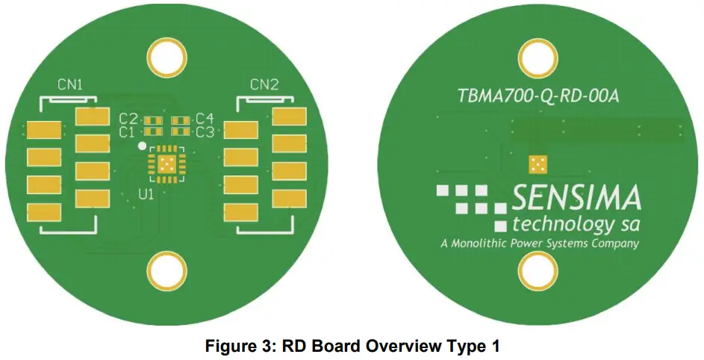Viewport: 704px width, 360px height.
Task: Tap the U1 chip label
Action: (146, 194)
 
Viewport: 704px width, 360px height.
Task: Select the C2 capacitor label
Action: (128, 119)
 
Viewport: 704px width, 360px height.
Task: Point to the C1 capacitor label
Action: (128, 132)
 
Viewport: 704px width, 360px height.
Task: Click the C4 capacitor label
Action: (205, 119)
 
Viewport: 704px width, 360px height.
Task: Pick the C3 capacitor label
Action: (205, 132)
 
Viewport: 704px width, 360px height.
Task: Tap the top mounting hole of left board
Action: (167, 56)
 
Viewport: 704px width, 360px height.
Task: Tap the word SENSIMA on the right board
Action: (576, 199)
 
